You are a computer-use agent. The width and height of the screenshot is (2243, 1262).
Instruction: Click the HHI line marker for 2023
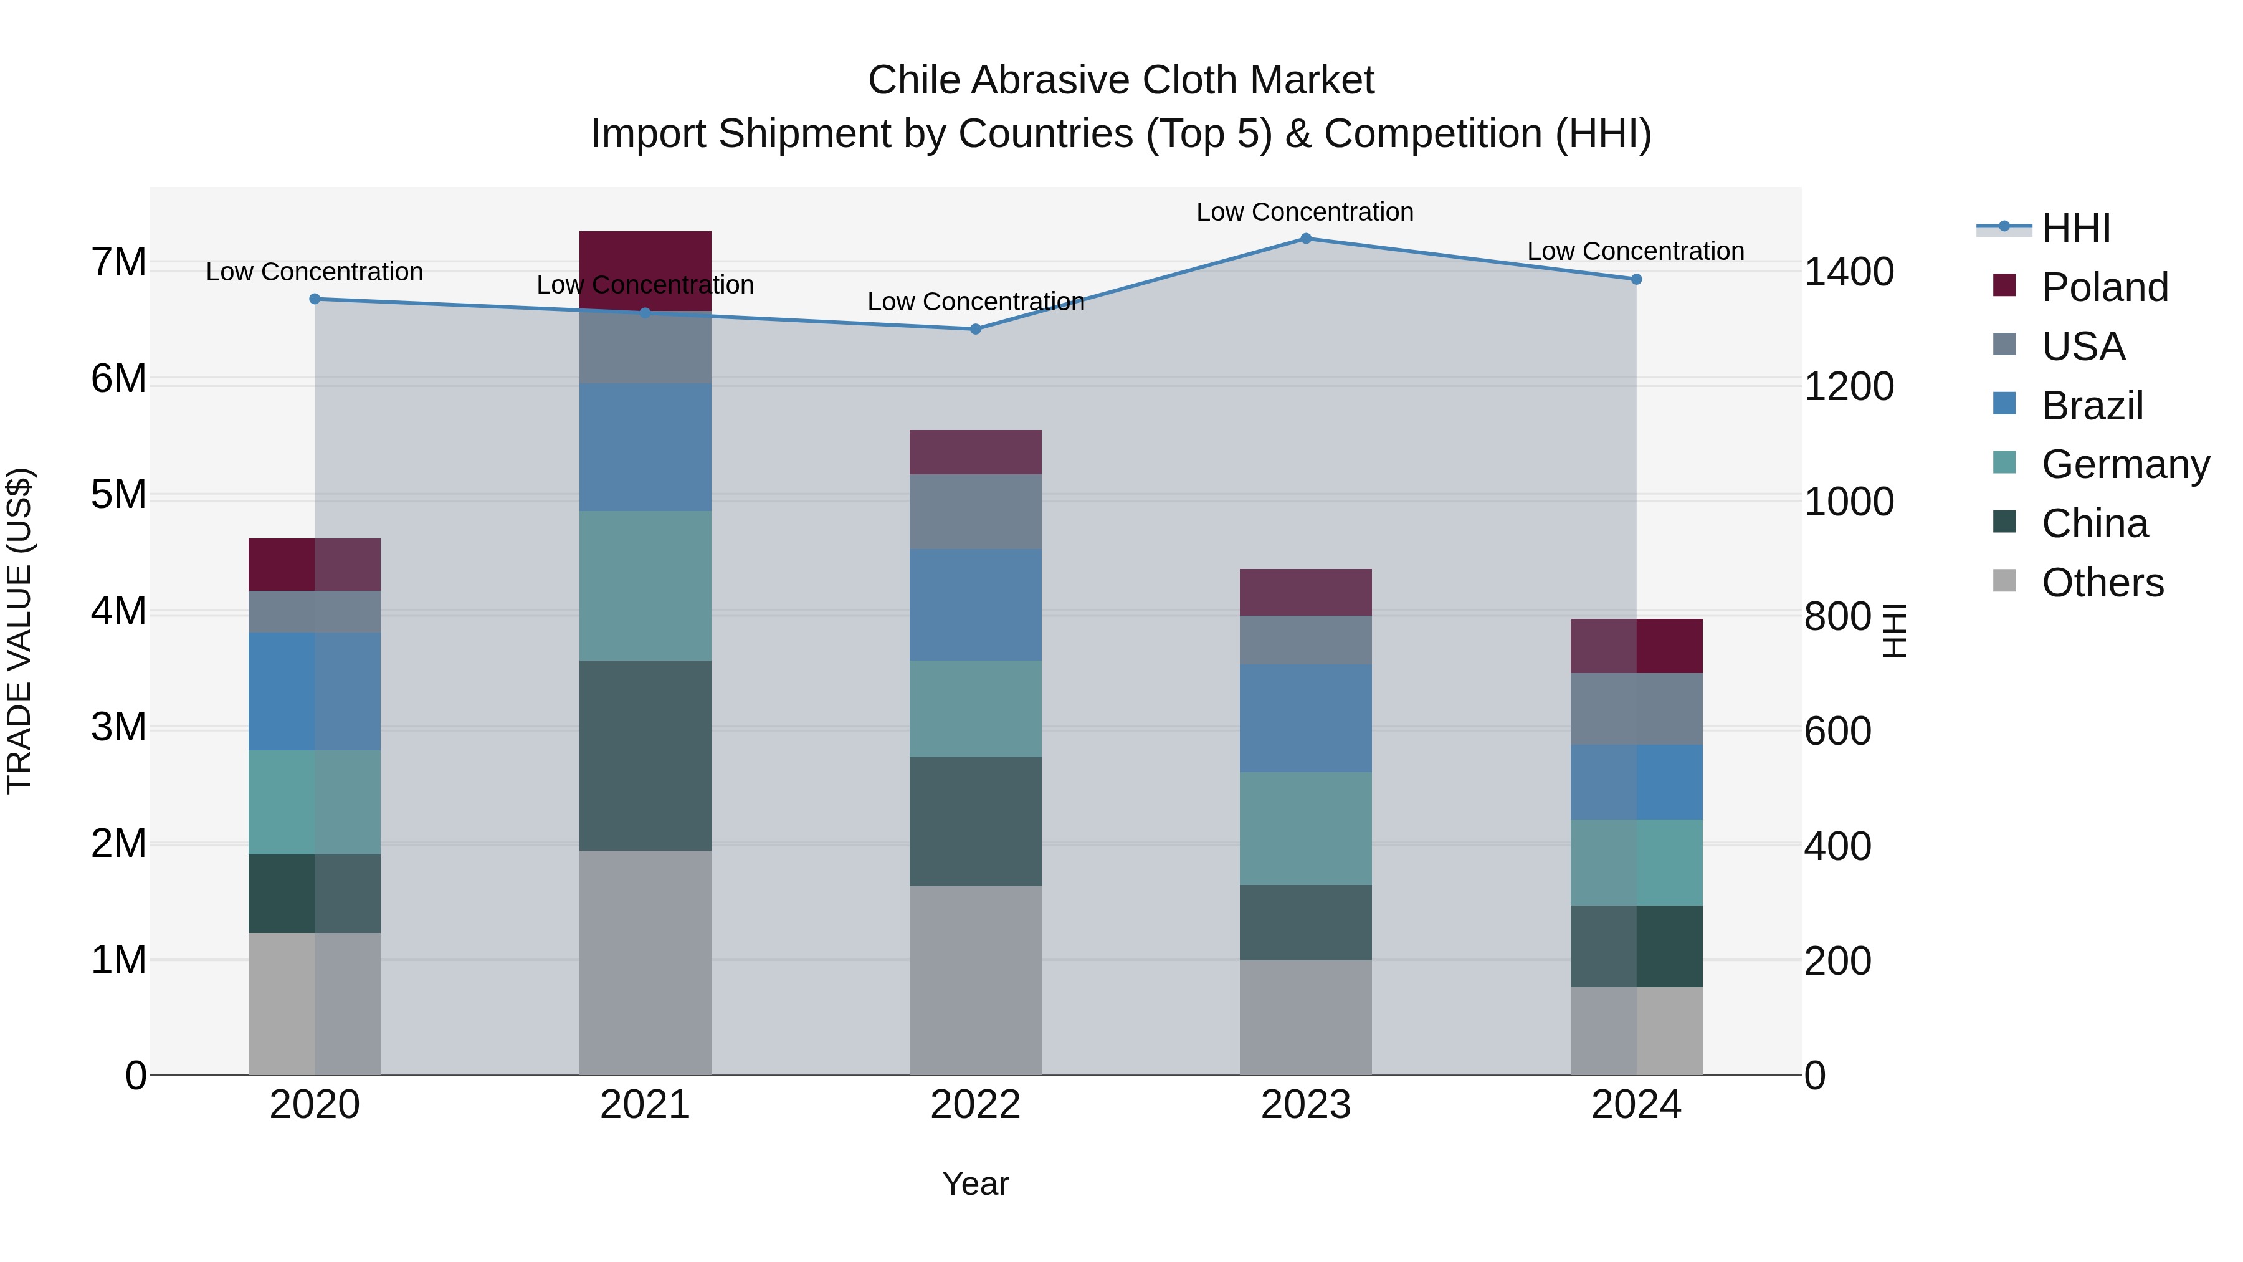[1305, 239]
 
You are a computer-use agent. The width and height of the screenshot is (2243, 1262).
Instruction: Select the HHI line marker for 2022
[975, 329]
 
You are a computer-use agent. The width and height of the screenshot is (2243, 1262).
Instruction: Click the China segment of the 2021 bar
[645, 755]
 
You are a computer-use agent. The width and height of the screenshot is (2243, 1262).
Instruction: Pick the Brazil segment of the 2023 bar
[1305, 718]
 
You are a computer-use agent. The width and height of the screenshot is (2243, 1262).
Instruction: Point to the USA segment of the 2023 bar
[1305, 639]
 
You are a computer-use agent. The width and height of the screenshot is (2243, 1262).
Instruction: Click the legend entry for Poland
[2103, 287]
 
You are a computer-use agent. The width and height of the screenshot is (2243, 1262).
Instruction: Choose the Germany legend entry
[2125, 464]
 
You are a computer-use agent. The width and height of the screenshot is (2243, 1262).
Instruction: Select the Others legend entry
[2102, 583]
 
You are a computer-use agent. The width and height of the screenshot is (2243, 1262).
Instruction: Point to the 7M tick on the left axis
[119, 262]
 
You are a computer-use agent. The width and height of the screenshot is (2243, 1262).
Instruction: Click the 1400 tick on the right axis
[1849, 272]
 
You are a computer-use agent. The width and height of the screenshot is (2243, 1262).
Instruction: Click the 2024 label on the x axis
[1636, 1105]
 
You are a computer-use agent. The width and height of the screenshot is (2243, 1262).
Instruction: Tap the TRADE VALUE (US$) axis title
[19, 631]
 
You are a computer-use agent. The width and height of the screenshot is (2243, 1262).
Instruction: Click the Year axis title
[975, 1183]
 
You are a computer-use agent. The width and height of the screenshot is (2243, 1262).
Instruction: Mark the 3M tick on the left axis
[119, 727]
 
